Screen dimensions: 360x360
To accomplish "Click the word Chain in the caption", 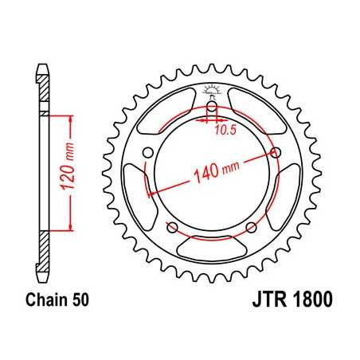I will click(49, 301).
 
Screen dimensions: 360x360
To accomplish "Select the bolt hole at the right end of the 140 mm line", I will click(275, 153).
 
